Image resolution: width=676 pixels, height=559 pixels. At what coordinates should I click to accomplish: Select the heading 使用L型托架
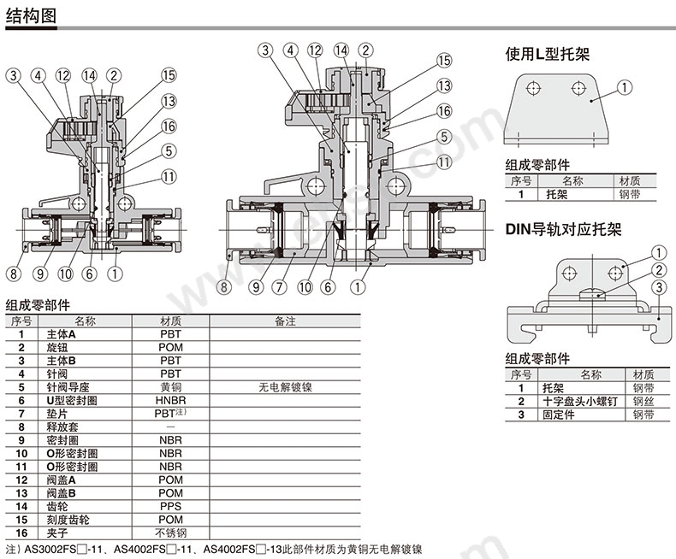coord(548,56)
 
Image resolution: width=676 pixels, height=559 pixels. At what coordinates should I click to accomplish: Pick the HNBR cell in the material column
coord(170,400)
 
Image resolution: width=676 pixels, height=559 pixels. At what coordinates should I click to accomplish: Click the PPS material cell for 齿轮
coord(170,506)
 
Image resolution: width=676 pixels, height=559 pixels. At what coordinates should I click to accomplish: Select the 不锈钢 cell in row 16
coord(170,533)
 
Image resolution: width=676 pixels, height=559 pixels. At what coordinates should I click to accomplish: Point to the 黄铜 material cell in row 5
coord(170,387)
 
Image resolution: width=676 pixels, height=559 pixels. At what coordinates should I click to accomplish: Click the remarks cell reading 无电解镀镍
coord(285,387)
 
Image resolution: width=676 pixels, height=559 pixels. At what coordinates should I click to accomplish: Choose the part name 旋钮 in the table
coord(57,348)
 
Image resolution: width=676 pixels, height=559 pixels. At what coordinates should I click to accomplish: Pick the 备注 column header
coord(285,321)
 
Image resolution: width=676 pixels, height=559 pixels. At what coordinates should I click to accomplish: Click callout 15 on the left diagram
coord(168,75)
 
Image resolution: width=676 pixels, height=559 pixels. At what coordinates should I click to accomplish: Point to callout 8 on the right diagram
coord(224,288)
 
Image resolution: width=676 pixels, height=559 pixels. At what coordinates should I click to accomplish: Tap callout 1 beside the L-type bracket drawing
coord(625,86)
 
